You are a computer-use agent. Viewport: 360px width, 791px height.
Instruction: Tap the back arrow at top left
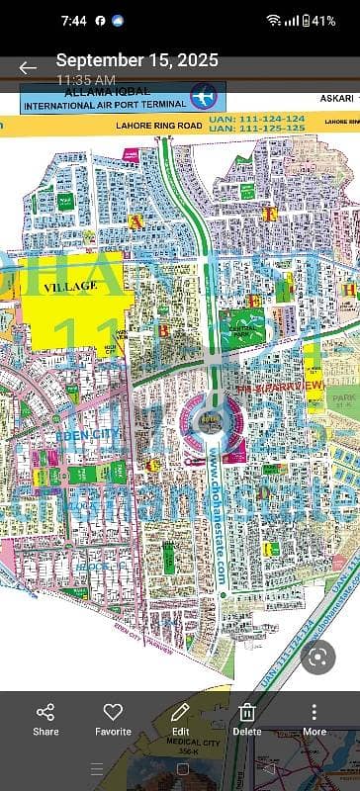click(28, 67)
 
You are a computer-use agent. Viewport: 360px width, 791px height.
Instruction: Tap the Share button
click(45, 719)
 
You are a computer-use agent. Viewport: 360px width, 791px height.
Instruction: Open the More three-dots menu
click(315, 719)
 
